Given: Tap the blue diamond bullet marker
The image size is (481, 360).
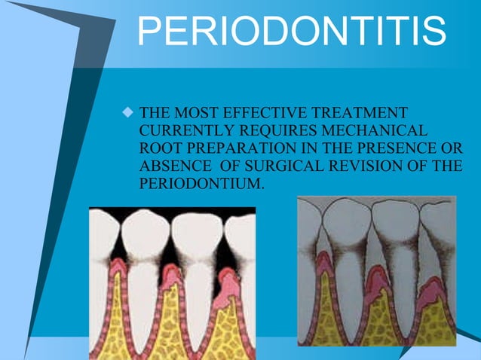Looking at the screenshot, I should pyautogui.click(x=127, y=114).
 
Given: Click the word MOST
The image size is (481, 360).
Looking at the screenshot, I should pyautogui.click(x=196, y=114).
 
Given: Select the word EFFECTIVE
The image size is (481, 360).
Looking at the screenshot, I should pyautogui.click(x=259, y=114).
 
